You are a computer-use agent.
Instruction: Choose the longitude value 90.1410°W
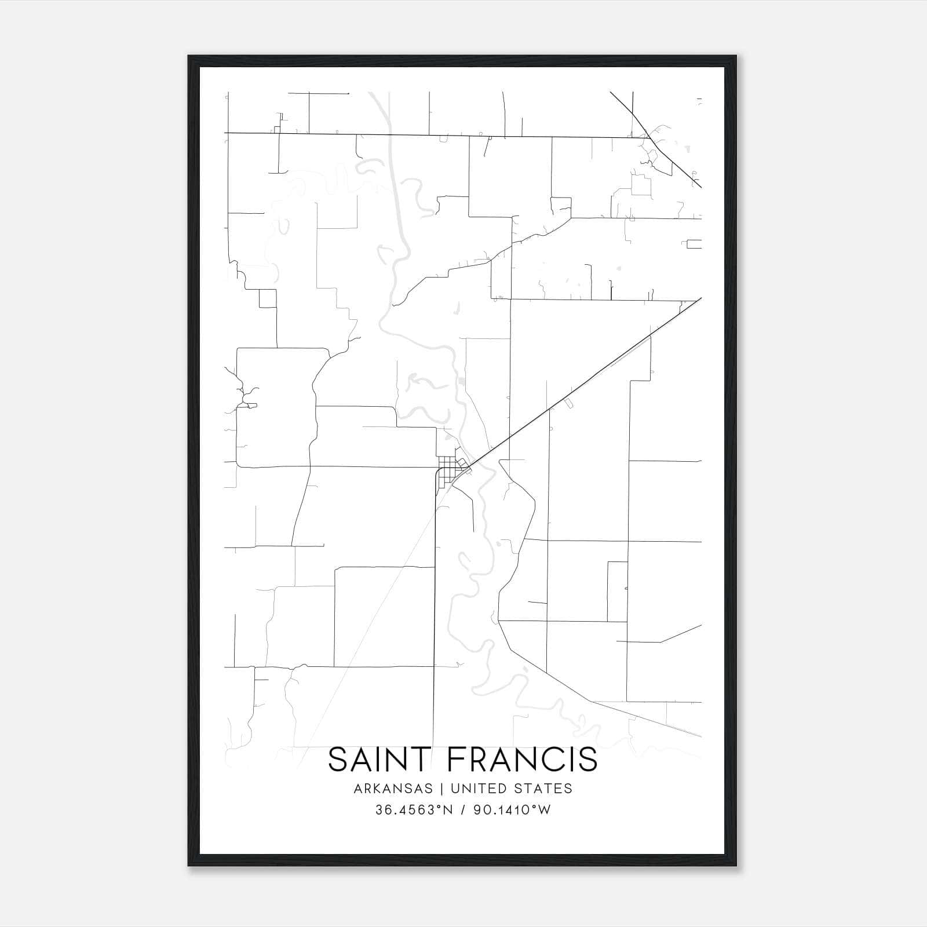tap(512, 810)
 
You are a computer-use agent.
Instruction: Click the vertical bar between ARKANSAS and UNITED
tap(441, 789)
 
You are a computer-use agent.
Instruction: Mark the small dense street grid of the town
tap(447, 470)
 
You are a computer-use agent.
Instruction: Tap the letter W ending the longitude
tap(545, 810)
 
